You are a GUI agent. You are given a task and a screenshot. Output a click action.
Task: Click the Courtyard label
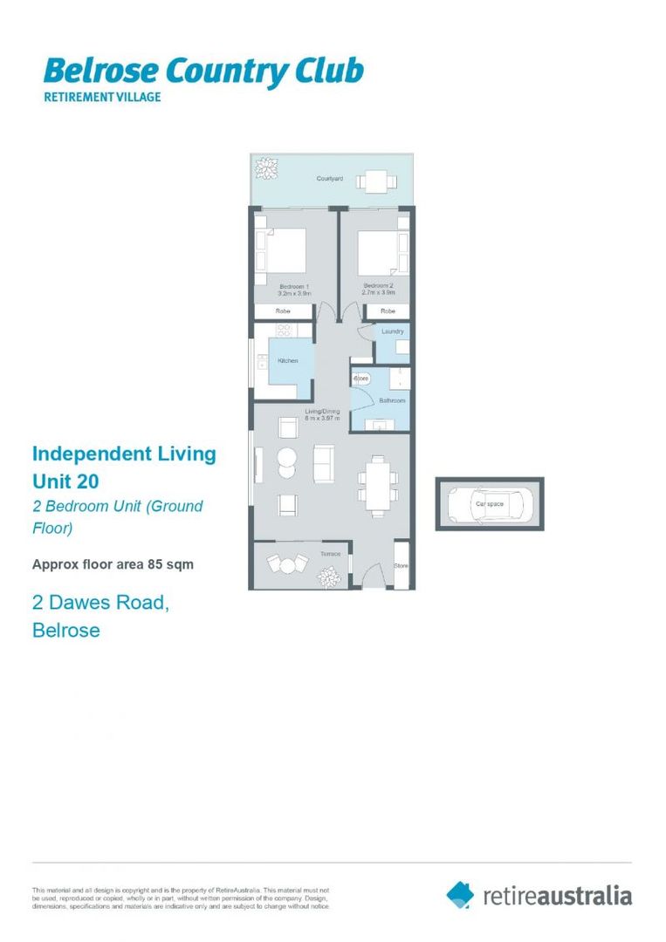[329, 179]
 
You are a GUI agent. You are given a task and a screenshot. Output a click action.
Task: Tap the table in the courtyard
[377, 181]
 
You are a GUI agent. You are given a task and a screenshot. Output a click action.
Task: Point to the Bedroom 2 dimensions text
[380, 292]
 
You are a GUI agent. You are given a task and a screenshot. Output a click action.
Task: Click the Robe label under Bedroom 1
[282, 311]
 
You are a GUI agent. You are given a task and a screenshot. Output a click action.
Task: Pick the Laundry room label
[393, 332]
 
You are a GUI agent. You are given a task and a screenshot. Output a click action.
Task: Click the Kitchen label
[287, 360]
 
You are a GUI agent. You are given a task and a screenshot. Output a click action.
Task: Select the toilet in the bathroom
[361, 379]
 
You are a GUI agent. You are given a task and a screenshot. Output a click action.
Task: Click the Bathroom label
[392, 400]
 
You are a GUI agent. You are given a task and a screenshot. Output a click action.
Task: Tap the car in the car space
[489, 503]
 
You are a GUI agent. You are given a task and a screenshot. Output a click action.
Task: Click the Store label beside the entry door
[401, 565]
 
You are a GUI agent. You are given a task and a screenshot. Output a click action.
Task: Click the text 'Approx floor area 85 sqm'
[113, 564]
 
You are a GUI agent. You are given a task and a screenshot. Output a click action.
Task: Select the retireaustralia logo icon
[460, 894]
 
